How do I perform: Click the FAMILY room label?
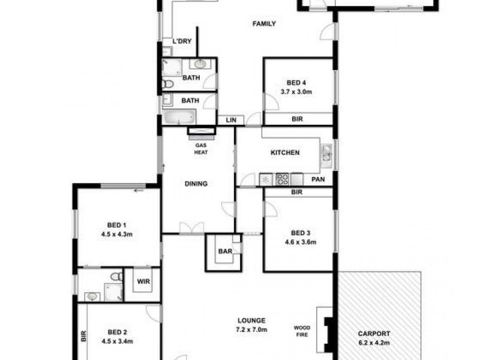tap(264, 24)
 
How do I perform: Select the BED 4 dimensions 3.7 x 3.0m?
tap(297, 92)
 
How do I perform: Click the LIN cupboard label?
tap(230, 120)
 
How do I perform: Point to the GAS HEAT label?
tap(200, 149)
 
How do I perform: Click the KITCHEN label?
tap(285, 153)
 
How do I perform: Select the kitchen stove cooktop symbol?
tap(281, 179)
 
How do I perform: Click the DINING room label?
tap(196, 184)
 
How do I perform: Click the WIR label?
tap(143, 281)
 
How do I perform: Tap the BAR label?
tap(225, 251)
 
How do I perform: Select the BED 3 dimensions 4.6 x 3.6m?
tap(299, 242)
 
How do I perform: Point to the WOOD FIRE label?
tap(301, 331)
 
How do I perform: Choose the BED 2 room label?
tap(117, 332)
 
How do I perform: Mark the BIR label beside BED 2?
tap(83, 337)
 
